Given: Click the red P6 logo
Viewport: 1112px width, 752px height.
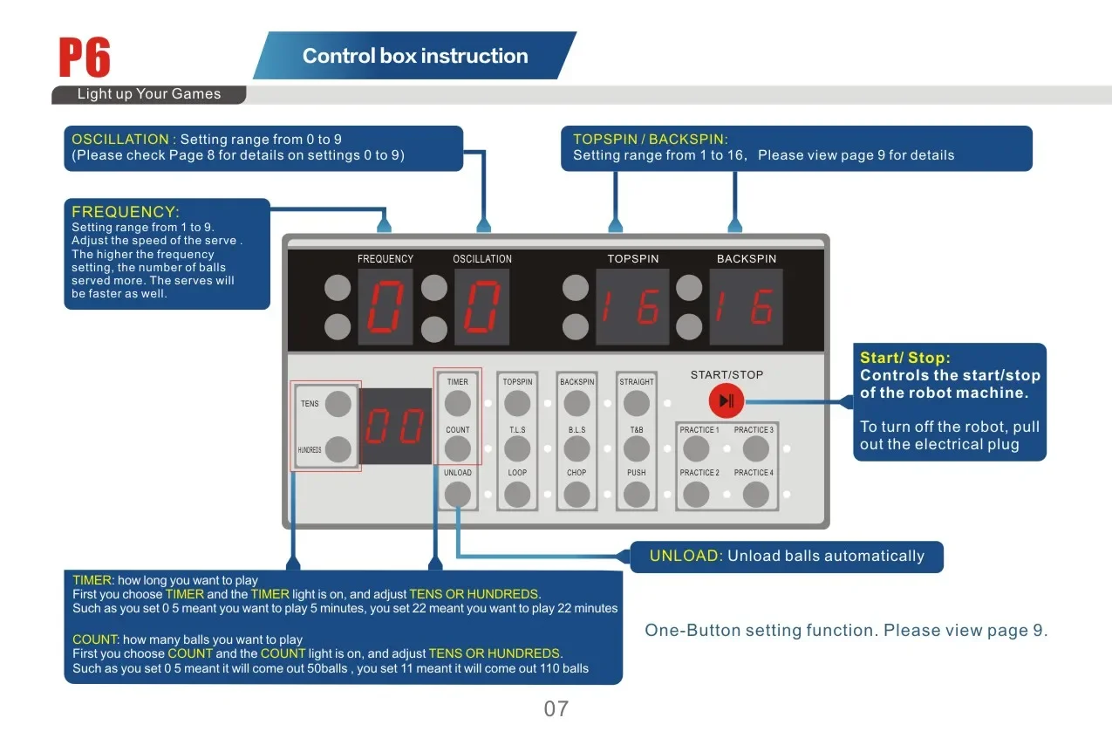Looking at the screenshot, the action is pyautogui.click(x=85, y=57).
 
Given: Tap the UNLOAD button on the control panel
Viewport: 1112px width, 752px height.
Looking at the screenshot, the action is pyautogui.click(x=457, y=495).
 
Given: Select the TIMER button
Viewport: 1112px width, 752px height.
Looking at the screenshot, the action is pyautogui.click(x=457, y=403).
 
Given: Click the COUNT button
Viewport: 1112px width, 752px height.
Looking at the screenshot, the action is pyautogui.click(x=457, y=448).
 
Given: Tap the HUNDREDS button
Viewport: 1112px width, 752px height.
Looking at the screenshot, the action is pyautogui.click(x=338, y=449).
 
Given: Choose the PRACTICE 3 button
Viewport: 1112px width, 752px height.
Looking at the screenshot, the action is pyautogui.click(x=755, y=448).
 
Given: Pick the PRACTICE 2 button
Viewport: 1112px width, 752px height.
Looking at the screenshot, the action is pyautogui.click(x=696, y=495).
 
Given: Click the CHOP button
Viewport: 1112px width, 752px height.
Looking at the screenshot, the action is pyautogui.click(x=576, y=495).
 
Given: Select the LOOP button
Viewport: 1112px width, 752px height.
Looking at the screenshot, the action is pyautogui.click(x=517, y=495).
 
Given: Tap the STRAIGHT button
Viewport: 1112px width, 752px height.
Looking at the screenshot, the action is pyautogui.click(x=636, y=403).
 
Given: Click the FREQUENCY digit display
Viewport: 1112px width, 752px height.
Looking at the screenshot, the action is pyautogui.click(x=385, y=306).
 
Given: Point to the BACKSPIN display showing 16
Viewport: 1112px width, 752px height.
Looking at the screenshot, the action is pyautogui.click(x=747, y=306).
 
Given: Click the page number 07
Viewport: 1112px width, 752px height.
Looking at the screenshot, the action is pyautogui.click(x=556, y=708).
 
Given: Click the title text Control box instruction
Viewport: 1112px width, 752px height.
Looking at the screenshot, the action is pyautogui.click(x=415, y=56).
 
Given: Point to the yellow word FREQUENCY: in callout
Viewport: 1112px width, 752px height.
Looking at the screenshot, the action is pyautogui.click(x=126, y=212).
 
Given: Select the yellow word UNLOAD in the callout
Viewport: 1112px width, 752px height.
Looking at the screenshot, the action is pyautogui.click(x=684, y=556).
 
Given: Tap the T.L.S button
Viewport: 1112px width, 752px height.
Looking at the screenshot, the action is pyautogui.click(x=517, y=448).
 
